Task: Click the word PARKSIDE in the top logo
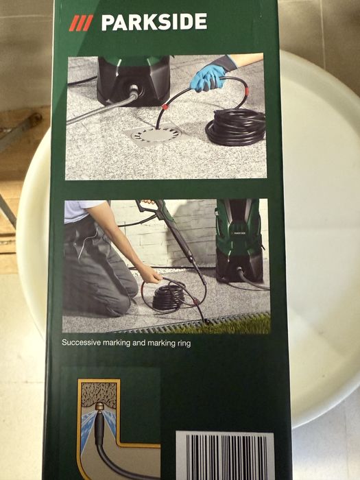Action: [154, 22]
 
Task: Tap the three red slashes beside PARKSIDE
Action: [81, 23]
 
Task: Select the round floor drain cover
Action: [156, 134]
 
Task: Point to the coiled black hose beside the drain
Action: [236, 126]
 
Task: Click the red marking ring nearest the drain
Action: [165, 107]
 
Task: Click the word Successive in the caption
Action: [81, 342]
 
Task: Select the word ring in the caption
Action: [184, 344]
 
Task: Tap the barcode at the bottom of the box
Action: [226, 455]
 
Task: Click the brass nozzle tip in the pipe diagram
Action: [99, 407]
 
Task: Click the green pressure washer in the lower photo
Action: [239, 240]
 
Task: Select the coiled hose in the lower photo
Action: [169, 296]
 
